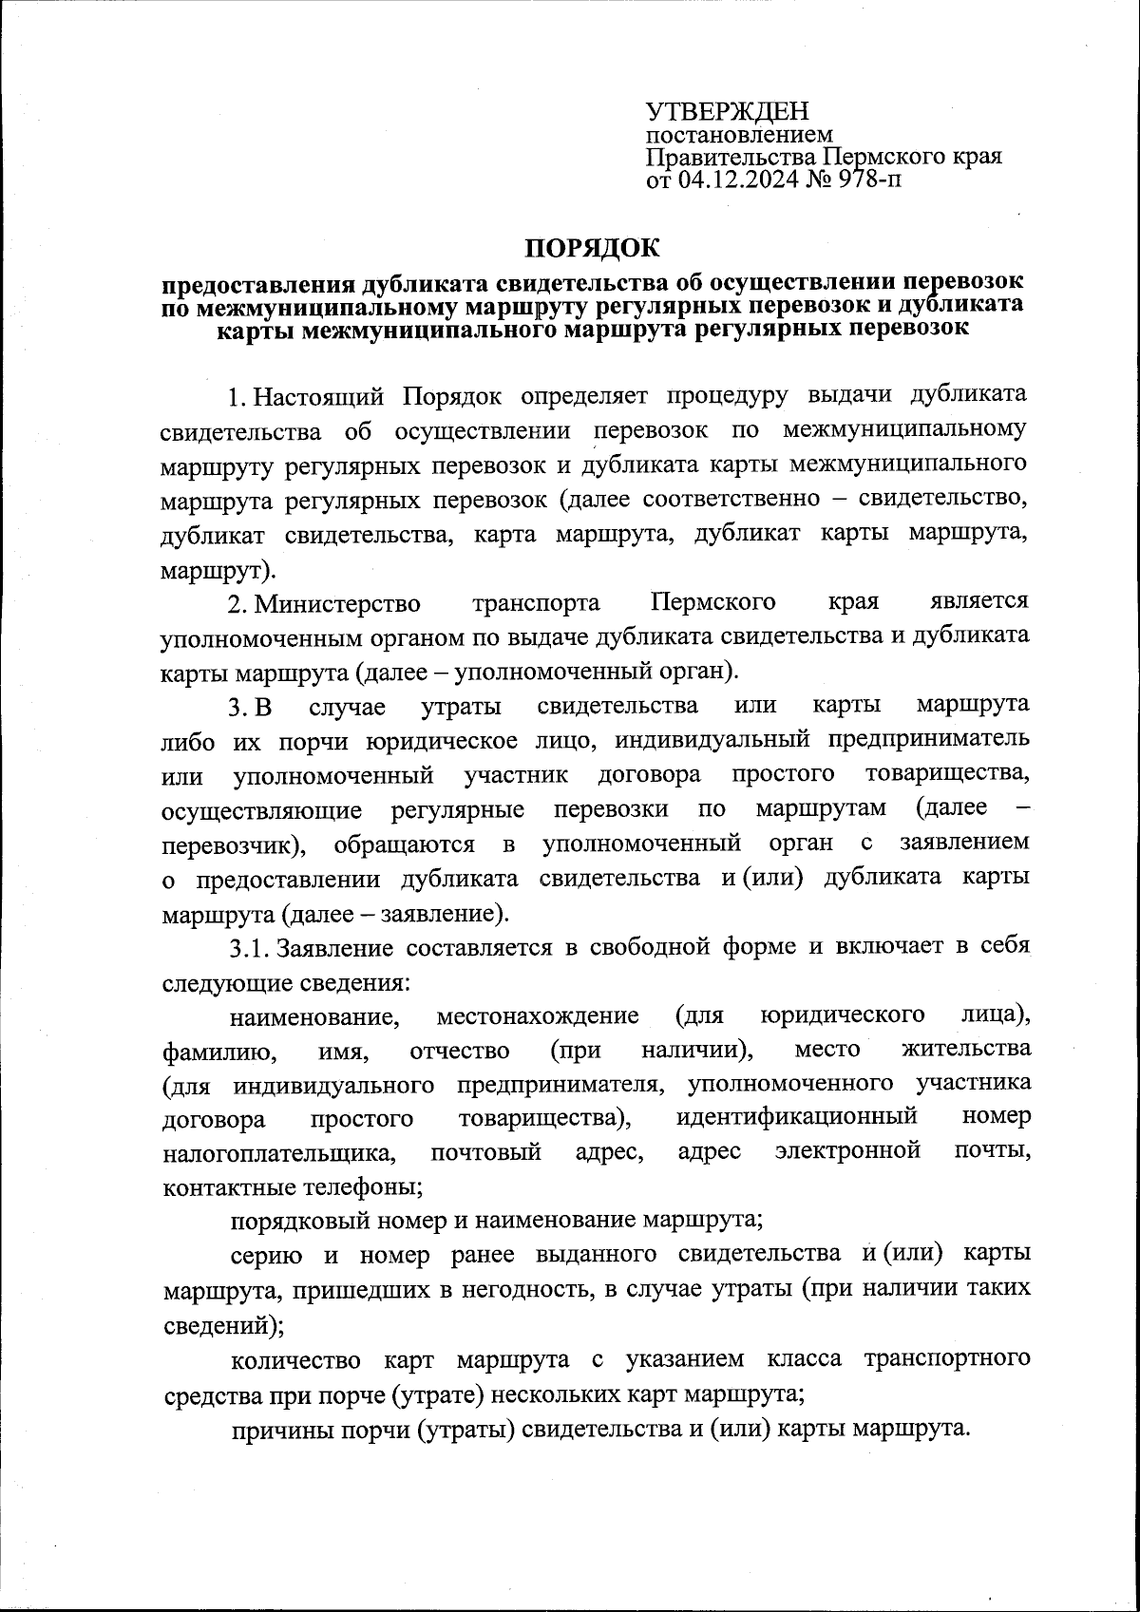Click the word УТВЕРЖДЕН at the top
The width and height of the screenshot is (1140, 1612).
(x=726, y=113)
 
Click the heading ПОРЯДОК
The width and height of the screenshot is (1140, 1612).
(x=592, y=249)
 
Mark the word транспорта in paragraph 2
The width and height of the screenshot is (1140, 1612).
(x=536, y=603)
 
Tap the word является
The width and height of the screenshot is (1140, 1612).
(x=979, y=602)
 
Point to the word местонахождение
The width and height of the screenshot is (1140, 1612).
(x=538, y=1016)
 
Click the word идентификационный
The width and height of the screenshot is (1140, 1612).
(x=796, y=1118)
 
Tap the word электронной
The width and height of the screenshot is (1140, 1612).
(x=848, y=1151)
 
